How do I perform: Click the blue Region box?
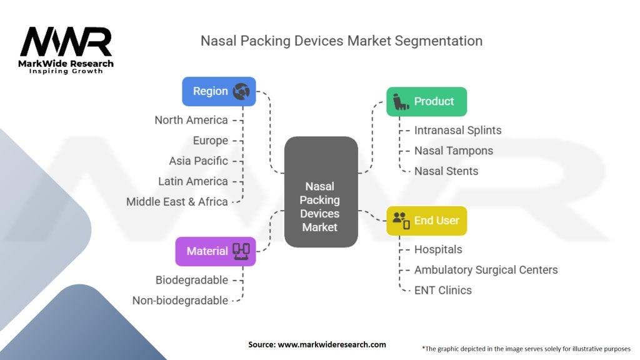pyautogui.click(x=219, y=91)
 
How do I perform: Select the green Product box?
pyautogui.click(x=426, y=101)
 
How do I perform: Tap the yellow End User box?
pyautogui.click(x=426, y=221)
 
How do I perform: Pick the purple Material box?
pyautogui.click(x=215, y=251)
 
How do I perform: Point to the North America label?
pyautogui.click(x=191, y=120)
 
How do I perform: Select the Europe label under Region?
pyautogui.click(x=210, y=141)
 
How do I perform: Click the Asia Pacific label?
pyautogui.click(x=198, y=161)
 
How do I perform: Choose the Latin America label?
pyautogui.click(x=193, y=181)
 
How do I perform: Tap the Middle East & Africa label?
pyautogui.click(x=177, y=201)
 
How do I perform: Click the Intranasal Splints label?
pyautogui.click(x=457, y=131)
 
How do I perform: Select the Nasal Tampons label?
pyautogui.click(x=453, y=151)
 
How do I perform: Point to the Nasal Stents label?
pyautogui.click(x=446, y=171)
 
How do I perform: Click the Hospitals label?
pyautogui.click(x=438, y=249)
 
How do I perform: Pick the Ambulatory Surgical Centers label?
pyautogui.click(x=486, y=270)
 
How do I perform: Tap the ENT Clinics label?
pyautogui.click(x=442, y=290)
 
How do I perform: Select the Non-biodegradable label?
pyautogui.click(x=180, y=301)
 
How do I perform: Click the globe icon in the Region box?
pyautogui.click(x=241, y=91)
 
